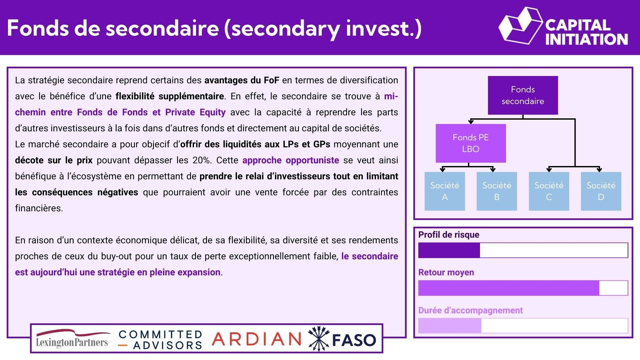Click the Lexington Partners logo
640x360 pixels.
72,339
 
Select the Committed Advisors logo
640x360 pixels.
160,340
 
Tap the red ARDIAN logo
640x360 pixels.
256,339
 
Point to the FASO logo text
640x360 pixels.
354,340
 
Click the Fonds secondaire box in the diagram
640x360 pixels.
522,95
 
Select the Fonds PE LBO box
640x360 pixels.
470,143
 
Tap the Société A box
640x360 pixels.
444,191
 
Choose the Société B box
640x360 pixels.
496,191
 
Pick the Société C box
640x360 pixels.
549,191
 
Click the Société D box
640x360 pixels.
601,191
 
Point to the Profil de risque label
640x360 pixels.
448,234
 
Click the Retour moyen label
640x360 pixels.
446,272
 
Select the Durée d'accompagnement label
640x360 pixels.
470,310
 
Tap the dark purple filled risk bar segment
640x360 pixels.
449,250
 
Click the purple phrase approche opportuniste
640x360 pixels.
290,160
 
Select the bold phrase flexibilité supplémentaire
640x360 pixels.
170,96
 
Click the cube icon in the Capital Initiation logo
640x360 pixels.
520,26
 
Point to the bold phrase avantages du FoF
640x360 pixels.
242,80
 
